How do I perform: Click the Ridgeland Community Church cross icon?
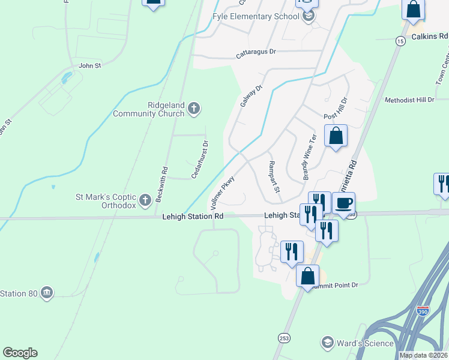[x=193, y=109]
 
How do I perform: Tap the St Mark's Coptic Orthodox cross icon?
[x=145, y=199]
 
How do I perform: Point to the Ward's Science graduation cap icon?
[x=328, y=343]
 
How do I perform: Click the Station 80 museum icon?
[x=46, y=293]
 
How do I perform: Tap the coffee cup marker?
[x=343, y=203]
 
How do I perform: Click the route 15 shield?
[x=400, y=41]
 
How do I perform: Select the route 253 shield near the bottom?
[x=282, y=338]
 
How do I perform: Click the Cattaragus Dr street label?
[x=256, y=52]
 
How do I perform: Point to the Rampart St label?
[x=274, y=177]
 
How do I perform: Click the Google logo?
[x=20, y=353]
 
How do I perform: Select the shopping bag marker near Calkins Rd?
[x=414, y=10]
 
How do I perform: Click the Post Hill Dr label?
[x=336, y=108]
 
